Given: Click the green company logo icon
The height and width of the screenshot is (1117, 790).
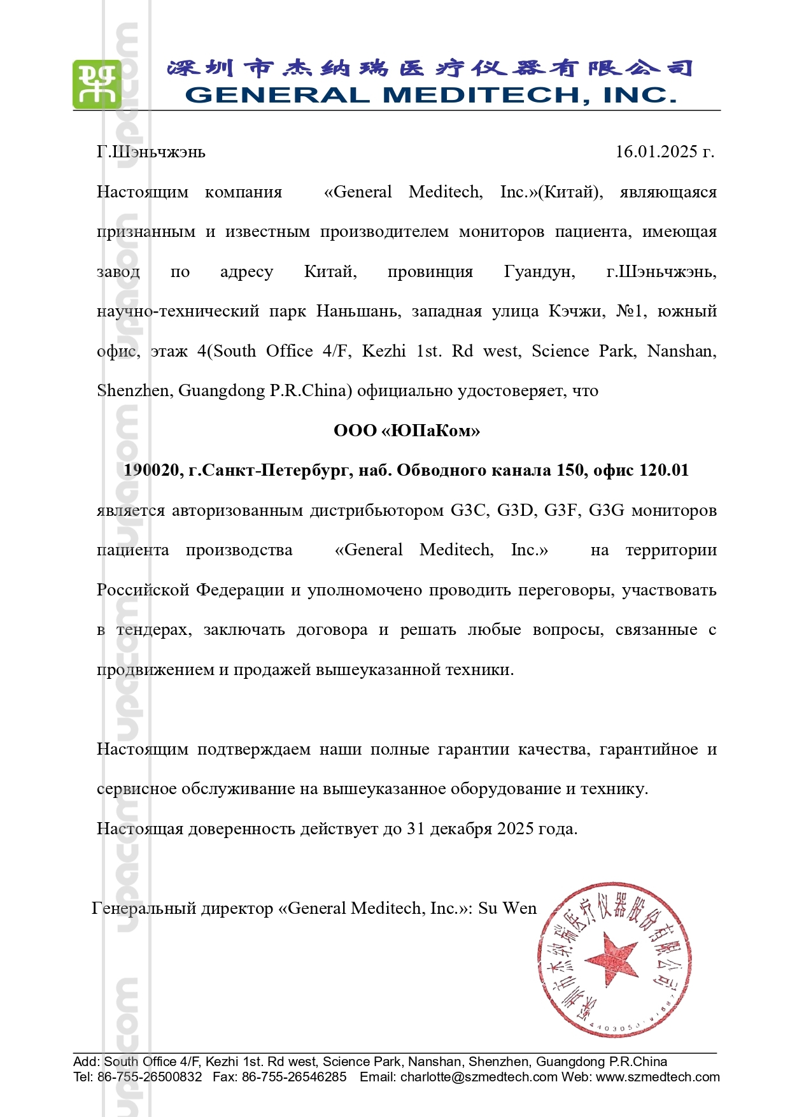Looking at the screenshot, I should pyautogui.click(x=97, y=84).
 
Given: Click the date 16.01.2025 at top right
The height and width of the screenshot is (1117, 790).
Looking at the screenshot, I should pyautogui.click(x=656, y=152).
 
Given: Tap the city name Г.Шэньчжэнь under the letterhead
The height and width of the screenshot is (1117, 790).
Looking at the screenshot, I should pyautogui.click(x=151, y=152).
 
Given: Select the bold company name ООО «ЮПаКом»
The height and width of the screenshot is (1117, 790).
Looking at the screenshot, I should pyautogui.click(x=407, y=430).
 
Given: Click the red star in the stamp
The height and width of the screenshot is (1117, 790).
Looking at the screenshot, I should pyautogui.click(x=611, y=958).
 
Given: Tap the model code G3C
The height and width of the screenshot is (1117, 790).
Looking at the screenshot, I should pyautogui.click(x=469, y=510).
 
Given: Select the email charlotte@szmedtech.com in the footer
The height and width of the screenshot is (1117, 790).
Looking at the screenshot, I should pyautogui.click(x=479, y=1077).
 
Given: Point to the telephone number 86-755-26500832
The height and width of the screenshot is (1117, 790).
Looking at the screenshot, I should pyautogui.click(x=150, y=1077).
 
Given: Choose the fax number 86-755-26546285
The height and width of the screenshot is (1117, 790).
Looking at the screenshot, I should pyautogui.click(x=294, y=1077).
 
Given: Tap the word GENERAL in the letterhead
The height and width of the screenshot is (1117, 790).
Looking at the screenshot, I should pyautogui.click(x=277, y=95).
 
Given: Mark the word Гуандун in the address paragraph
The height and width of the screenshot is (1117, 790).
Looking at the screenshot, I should pyautogui.click(x=539, y=272).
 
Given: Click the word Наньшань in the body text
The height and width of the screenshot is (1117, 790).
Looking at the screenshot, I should pyautogui.click(x=358, y=311).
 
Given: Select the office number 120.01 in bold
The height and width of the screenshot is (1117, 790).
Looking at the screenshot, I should pyautogui.click(x=664, y=471).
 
